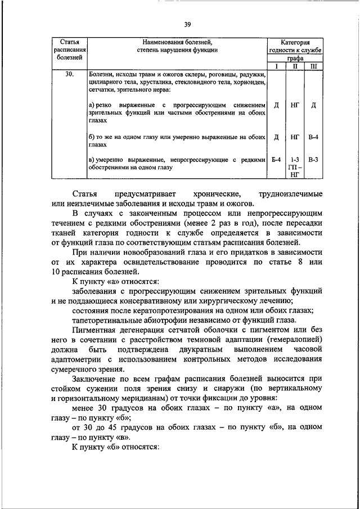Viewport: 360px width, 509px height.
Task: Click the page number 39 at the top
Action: point(187,24)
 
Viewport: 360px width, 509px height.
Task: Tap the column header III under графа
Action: point(314,66)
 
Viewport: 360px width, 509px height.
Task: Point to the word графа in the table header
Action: point(295,58)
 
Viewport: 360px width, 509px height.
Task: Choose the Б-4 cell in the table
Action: point(276,160)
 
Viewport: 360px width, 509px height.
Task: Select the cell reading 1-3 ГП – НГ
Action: point(295,167)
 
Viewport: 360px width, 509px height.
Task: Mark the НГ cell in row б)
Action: point(295,137)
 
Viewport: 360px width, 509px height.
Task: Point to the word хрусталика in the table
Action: point(152,82)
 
